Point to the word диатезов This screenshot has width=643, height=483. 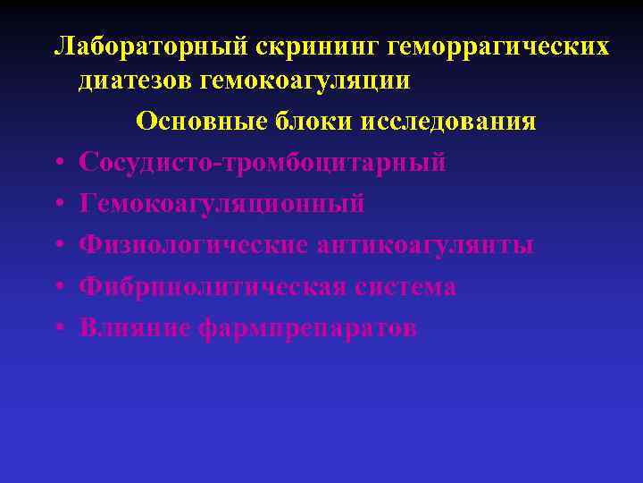click(x=136, y=80)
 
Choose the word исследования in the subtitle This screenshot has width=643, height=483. click(x=448, y=122)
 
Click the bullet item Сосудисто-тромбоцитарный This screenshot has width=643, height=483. click(x=263, y=164)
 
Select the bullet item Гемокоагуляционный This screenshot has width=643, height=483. click(x=221, y=205)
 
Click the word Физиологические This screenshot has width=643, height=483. click(x=194, y=246)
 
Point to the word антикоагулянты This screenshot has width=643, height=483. click(x=426, y=246)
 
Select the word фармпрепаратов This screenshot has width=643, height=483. click(x=305, y=328)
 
